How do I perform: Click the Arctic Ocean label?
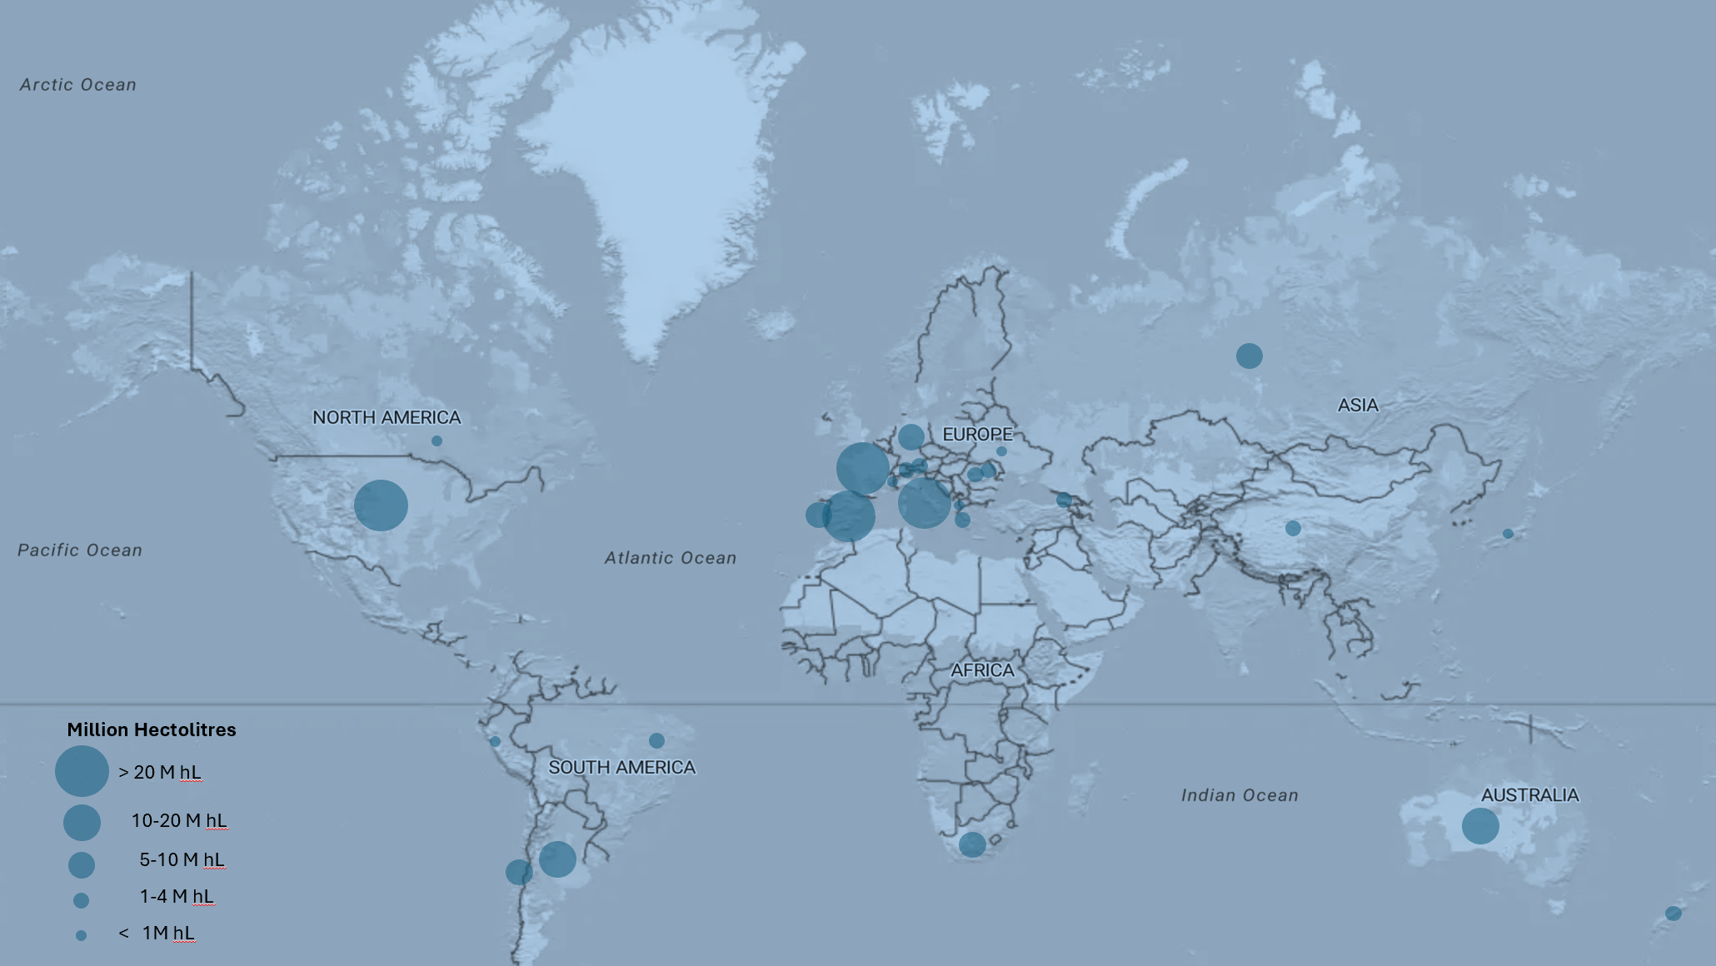coord(78,85)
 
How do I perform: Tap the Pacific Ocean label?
coord(80,550)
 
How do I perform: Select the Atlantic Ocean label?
coord(671,558)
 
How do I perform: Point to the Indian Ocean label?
coord(1240,795)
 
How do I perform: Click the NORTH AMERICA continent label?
coord(387,417)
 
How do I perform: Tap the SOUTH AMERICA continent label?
coord(621,767)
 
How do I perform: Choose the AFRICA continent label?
coord(982,670)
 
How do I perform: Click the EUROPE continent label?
coord(977,434)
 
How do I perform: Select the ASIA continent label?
coord(1358,405)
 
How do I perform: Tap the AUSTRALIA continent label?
coord(1529,795)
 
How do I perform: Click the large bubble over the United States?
coord(381,505)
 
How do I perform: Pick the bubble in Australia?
coord(1480,826)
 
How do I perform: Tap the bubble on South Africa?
coord(972,844)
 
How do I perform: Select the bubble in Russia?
coord(1249,356)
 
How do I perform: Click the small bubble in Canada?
coord(436,441)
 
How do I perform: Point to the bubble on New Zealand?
coord(1673,914)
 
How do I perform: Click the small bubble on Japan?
coord(1508,534)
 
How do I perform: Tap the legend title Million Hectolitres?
coord(152,729)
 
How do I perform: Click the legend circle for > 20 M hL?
coord(82,771)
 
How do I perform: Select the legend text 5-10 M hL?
coord(182,859)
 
